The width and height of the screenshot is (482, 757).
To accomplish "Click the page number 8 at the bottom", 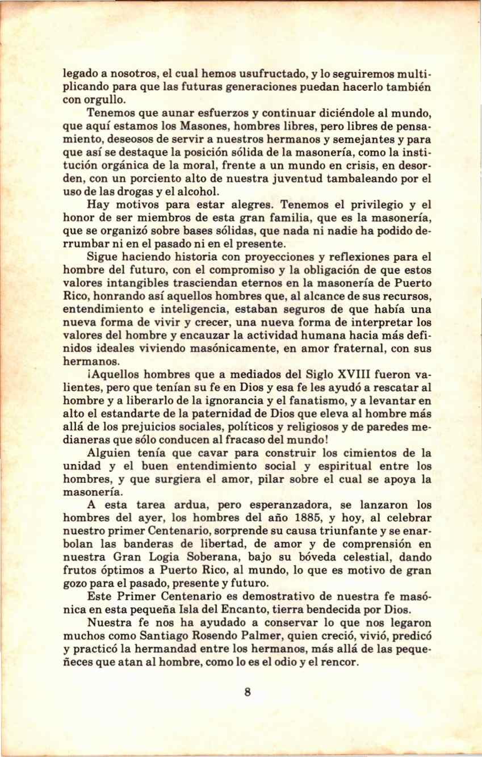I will [247, 692].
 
